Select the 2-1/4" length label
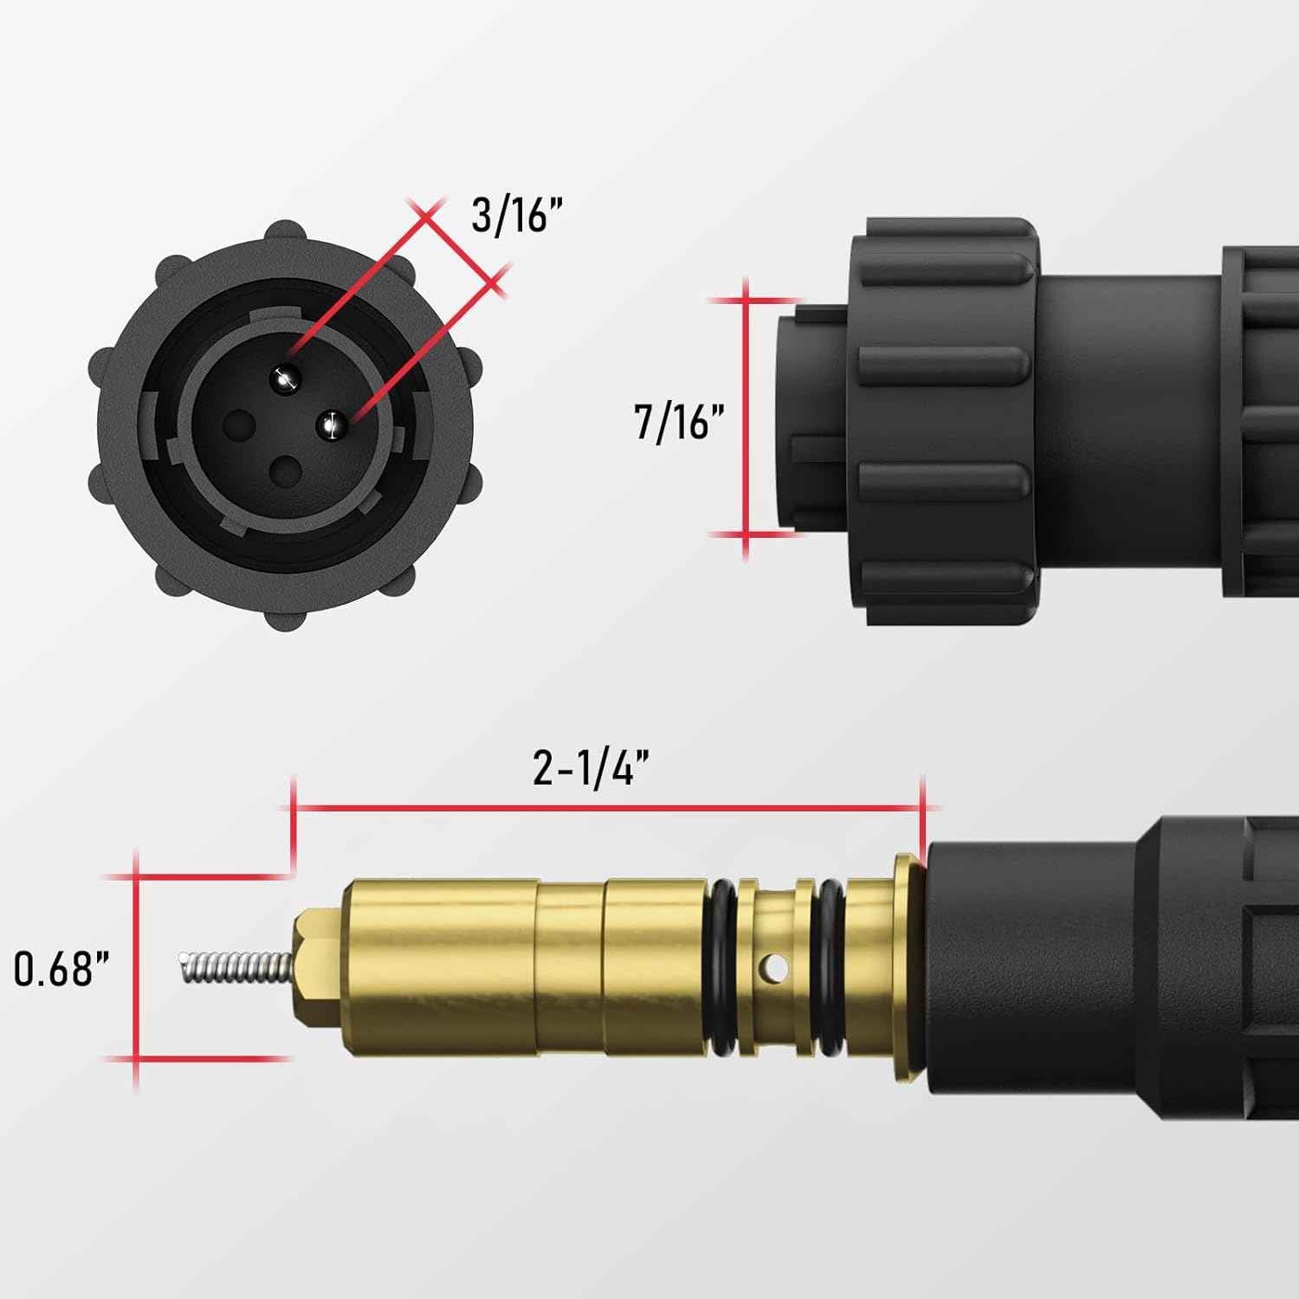[591, 766]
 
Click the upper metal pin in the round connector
[285, 377]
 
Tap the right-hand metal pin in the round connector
[332, 424]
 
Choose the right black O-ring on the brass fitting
[831, 968]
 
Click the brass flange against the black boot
[907, 968]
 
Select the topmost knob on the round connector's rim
[285, 234]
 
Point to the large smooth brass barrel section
[442, 968]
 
